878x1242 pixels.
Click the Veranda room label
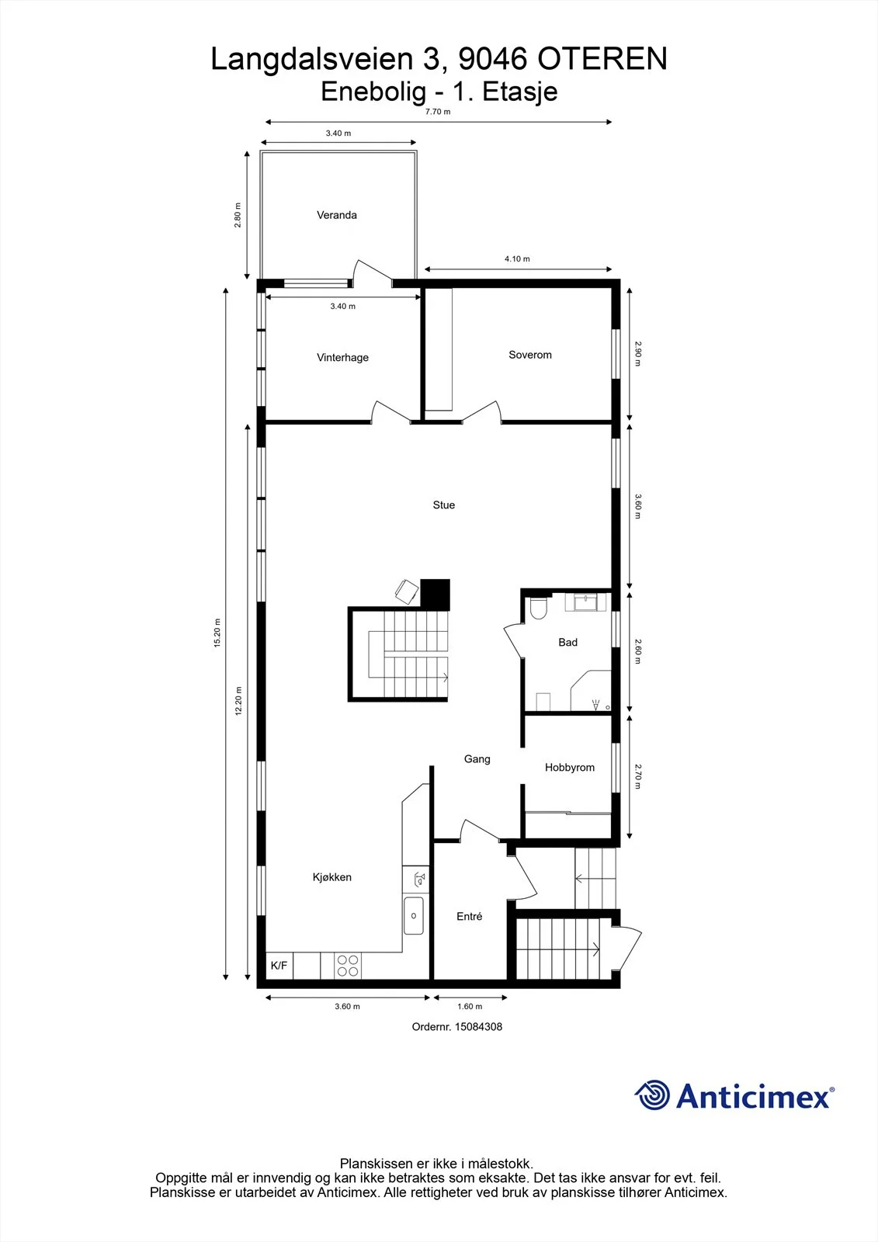pyautogui.click(x=337, y=215)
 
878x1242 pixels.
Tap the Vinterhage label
pyautogui.click(x=343, y=358)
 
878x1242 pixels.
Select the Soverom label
pyautogui.click(x=530, y=355)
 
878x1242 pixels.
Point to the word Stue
pyautogui.click(x=444, y=505)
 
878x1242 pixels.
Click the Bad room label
pyautogui.click(x=568, y=642)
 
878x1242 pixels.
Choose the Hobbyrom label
pyautogui.click(x=570, y=768)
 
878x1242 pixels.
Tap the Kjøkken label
pyautogui.click(x=332, y=877)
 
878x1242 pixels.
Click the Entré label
pyautogui.click(x=469, y=917)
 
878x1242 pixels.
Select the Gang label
pyautogui.click(x=477, y=759)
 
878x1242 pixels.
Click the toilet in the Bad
pyautogui.click(x=539, y=609)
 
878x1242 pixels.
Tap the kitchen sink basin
pyautogui.click(x=413, y=915)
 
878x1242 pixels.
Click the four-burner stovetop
pyautogui.click(x=348, y=966)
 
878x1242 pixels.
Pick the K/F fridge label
pyautogui.click(x=279, y=966)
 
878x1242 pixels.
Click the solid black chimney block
pyautogui.click(x=435, y=595)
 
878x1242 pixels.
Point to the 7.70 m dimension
pyautogui.click(x=438, y=112)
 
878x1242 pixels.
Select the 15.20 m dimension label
pyautogui.click(x=217, y=633)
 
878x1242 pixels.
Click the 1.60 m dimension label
pyautogui.click(x=470, y=1006)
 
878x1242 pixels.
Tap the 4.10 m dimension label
pyautogui.click(x=517, y=259)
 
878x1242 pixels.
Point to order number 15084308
pyautogui.click(x=457, y=1027)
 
